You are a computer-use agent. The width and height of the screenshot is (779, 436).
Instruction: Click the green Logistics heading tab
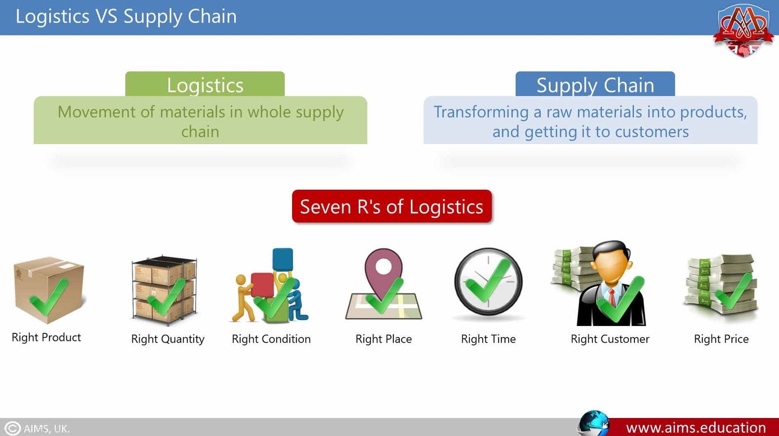point(205,85)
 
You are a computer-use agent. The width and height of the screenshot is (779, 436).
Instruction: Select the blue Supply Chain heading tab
point(595,85)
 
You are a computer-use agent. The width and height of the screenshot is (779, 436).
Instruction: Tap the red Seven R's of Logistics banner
point(391,206)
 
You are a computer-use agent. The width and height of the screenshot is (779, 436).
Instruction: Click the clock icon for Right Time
point(488,282)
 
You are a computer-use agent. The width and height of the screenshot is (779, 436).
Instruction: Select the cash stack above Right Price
point(721,285)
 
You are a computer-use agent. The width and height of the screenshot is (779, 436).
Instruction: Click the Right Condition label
point(271,339)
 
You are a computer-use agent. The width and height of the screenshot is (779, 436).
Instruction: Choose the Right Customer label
point(610,339)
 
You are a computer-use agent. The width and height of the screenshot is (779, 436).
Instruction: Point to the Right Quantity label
point(167,339)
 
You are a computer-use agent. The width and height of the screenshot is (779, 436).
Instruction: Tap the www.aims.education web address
point(696,428)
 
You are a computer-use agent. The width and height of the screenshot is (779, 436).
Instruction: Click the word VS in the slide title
point(106,17)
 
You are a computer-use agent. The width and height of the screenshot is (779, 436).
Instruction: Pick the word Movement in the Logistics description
point(96,112)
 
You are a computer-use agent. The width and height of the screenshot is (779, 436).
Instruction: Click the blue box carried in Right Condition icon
point(283,259)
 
